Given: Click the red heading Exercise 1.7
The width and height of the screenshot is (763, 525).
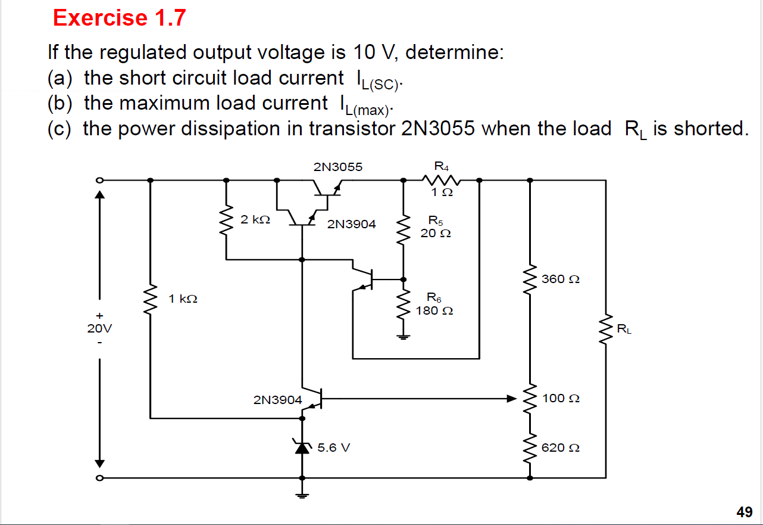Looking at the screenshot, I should (119, 18).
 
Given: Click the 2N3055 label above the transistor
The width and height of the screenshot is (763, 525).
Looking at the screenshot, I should (337, 167).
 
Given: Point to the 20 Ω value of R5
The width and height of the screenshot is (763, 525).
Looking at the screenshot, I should (435, 234).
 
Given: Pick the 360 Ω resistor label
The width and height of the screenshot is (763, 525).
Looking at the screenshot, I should (560, 279).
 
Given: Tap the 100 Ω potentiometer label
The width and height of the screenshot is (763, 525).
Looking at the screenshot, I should (560, 397).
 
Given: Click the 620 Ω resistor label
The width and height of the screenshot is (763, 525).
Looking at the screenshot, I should (560, 448).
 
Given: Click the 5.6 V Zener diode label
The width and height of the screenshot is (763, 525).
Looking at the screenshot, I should (333, 447).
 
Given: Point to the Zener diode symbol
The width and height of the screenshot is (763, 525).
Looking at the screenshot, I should (302, 447).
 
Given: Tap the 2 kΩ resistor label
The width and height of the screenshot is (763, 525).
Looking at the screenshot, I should (255, 219).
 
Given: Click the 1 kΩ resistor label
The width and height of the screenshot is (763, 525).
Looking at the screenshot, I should (183, 299).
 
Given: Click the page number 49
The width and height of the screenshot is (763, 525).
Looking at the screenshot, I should (744, 511).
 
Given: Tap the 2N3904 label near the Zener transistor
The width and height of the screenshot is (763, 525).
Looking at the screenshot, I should (277, 400).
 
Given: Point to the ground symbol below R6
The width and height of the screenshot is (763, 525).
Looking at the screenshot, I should (404, 337).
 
